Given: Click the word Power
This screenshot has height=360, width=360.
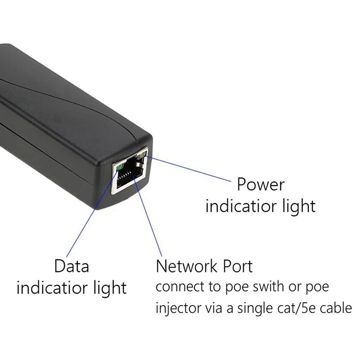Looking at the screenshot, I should (261, 184).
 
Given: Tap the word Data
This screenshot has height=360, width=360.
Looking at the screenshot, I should (72, 266).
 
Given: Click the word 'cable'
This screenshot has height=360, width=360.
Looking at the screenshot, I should (336, 309).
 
